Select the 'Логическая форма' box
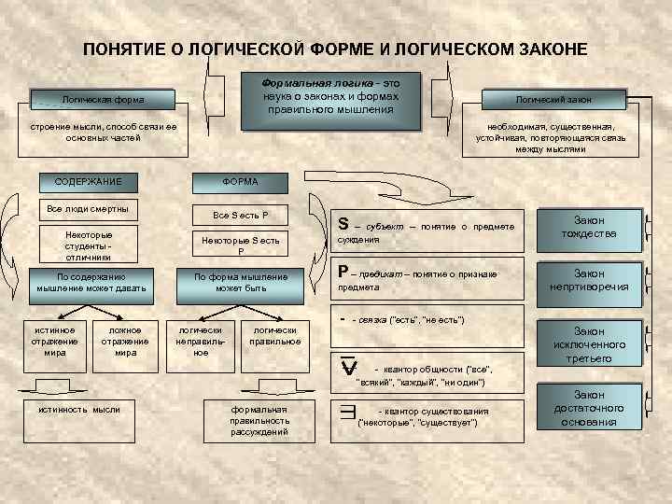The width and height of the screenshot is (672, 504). [x=103, y=99]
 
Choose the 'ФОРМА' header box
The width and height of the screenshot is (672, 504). [x=240, y=181]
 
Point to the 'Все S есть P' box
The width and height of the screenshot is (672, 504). [x=240, y=215]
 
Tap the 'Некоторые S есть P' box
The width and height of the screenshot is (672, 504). [x=240, y=245]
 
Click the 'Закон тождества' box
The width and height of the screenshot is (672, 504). [x=588, y=227]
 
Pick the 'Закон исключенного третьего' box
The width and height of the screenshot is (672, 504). [x=588, y=344]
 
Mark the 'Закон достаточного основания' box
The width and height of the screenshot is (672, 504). [x=588, y=409]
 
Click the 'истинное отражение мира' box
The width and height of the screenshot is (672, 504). [x=55, y=342]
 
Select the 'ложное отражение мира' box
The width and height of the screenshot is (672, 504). [x=125, y=342]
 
